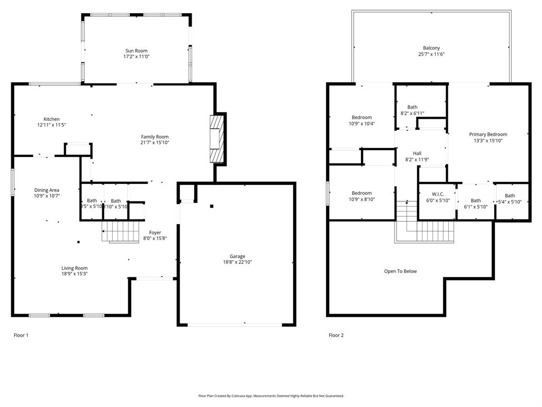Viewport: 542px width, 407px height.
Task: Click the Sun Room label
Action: (137, 51)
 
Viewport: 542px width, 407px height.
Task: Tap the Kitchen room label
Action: (51, 119)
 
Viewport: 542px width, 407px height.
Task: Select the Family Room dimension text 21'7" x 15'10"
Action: (155, 143)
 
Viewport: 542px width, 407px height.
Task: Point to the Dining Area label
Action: (47, 190)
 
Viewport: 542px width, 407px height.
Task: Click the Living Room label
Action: (74, 268)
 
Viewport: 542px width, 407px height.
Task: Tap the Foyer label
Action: (155, 233)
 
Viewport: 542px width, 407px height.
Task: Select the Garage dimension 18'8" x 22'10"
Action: (237, 262)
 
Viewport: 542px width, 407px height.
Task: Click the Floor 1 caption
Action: (21, 335)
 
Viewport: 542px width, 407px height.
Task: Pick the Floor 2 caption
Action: (336, 335)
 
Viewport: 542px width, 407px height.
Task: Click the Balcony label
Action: (431, 48)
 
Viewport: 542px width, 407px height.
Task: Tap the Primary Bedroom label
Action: (488, 135)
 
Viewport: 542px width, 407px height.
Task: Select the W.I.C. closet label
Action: (438, 194)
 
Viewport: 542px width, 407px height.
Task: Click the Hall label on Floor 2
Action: (417, 153)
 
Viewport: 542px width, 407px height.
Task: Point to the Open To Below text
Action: (400, 271)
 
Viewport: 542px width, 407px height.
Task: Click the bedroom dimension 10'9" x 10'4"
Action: (362, 123)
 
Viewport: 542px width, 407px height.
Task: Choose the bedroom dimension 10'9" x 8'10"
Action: (362, 199)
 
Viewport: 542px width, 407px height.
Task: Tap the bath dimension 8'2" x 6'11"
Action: (412, 113)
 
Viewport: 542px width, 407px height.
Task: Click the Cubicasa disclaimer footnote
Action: (271, 396)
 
